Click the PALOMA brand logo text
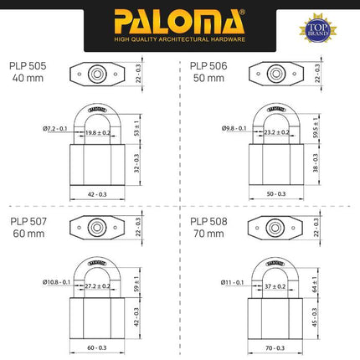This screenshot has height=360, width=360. (x=180, y=18)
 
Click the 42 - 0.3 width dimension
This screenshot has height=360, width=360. (x=98, y=193)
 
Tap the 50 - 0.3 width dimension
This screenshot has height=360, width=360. (x=275, y=193)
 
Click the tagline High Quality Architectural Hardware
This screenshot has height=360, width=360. (x=180, y=37)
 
